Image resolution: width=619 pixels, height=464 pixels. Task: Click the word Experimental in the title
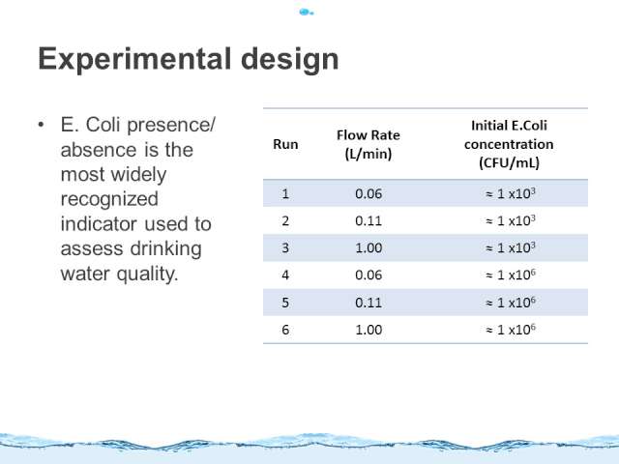pyautogui.click(x=134, y=60)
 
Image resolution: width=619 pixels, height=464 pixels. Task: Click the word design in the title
pyautogui.click(x=290, y=59)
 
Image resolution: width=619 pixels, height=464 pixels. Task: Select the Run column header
pyautogui.click(x=285, y=144)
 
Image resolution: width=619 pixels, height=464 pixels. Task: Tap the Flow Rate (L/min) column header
pyautogui.click(x=368, y=144)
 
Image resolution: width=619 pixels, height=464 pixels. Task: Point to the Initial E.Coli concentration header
pyautogui.click(x=509, y=144)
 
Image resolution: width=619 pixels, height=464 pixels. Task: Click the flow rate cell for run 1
pyautogui.click(x=368, y=193)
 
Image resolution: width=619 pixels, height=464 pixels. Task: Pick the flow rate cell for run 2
pyautogui.click(x=368, y=221)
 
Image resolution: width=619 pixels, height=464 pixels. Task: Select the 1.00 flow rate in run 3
pyautogui.click(x=368, y=248)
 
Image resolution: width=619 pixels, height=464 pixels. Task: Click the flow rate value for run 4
pyautogui.click(x=368, y=275)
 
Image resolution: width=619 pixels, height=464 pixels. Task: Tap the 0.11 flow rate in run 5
pyautogui.click(x=368, y=303)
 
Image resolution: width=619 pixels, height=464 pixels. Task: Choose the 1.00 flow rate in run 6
pyautogui.click(x=368, y=330)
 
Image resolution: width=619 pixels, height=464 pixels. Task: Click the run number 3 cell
pyautogui.click(x=285, y=248)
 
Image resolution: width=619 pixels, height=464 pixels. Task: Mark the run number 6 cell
pyautogui.click(x=285, y=330)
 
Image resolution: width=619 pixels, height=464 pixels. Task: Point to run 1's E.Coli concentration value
pyautogui.click(x=511, y=193)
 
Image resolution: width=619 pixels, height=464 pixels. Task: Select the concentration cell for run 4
pyautogui.click(x=511, y=275)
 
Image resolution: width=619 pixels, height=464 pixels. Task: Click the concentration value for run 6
pyautogui.click(x=511, y=330)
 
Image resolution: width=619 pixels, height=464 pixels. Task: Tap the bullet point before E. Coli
pyautogui.click(x=41, y=125)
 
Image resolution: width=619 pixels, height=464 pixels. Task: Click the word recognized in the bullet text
pyautogui.click(x=109, y=200)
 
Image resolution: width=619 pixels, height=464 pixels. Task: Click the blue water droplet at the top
pyautogui.click(x=306, y=13)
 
